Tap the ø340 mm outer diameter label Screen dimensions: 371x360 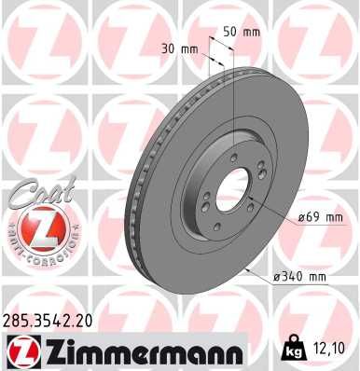(x=298, y=278)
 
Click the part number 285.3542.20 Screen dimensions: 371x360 (x=48, y=321)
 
